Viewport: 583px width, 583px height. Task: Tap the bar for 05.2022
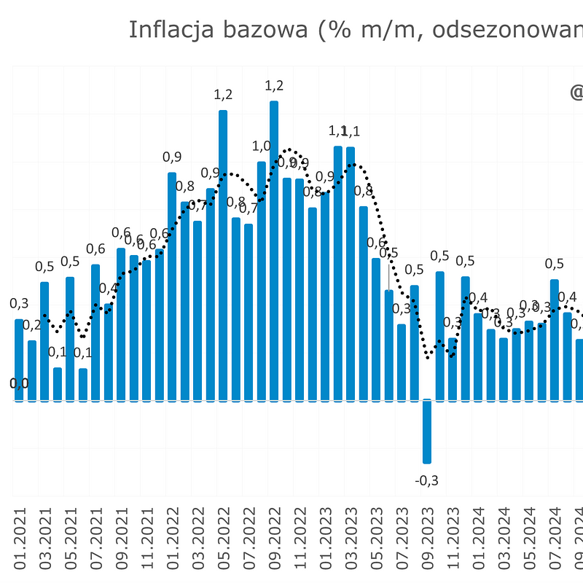pos(223,255)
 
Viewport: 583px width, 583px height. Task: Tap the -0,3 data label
pos(427,480)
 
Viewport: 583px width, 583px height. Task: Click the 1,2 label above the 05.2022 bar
pos(223,95)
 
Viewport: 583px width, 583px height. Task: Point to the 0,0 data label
pos(20,383)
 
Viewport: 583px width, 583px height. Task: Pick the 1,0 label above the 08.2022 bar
pos(261,146)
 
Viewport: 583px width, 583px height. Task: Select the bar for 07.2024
pos(555,339)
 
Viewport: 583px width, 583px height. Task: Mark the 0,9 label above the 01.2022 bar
pos(172,157)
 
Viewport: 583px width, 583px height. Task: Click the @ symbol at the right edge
pos(576,93)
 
